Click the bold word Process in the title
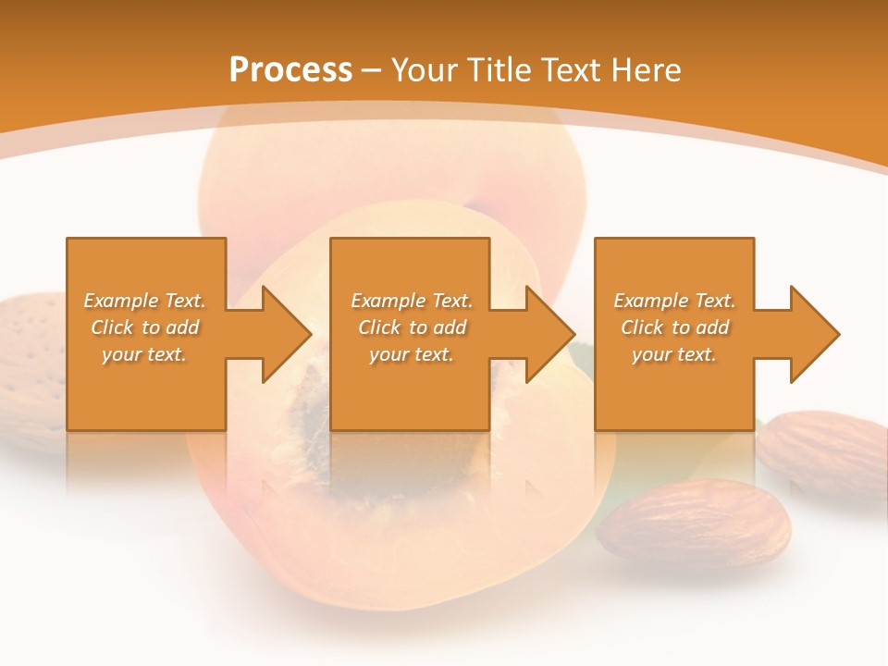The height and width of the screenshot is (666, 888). [290, 70]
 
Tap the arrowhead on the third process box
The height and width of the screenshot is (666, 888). [813, 334]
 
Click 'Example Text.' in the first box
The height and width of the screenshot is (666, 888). [144, 301]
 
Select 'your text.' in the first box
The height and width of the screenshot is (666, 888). [144, 354]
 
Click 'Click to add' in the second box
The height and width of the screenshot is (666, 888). [412, 327]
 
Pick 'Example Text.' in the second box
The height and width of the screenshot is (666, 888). [412, 301]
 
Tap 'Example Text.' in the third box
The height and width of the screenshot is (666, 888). [674, 301]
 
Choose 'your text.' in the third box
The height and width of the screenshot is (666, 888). [674, 354]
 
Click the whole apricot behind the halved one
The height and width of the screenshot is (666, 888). [388, 166]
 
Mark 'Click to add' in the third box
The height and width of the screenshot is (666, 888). [674, 327]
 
